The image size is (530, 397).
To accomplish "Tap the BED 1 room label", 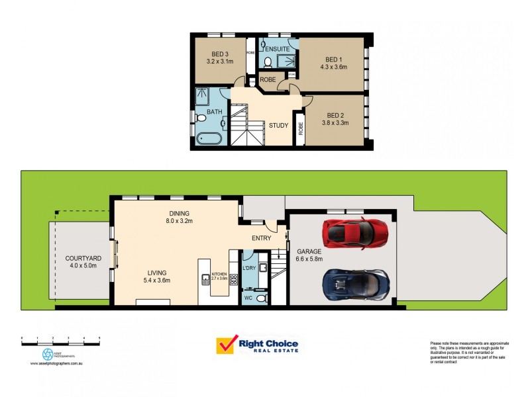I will pos(333,59).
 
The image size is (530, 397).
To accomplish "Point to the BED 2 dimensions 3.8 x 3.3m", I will pos(335,122).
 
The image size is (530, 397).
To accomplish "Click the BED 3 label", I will pos(220,54).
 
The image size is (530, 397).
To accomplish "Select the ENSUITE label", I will pos(278,48).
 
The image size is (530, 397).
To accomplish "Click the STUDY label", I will pos(278,125).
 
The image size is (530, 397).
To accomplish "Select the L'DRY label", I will pos(249,267).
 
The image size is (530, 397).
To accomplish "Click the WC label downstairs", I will pos(248,298).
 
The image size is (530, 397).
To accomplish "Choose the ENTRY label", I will pos(261,238).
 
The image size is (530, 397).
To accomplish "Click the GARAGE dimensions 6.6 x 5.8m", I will pos(309,259).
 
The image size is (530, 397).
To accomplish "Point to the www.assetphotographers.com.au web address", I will pos(60,363).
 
